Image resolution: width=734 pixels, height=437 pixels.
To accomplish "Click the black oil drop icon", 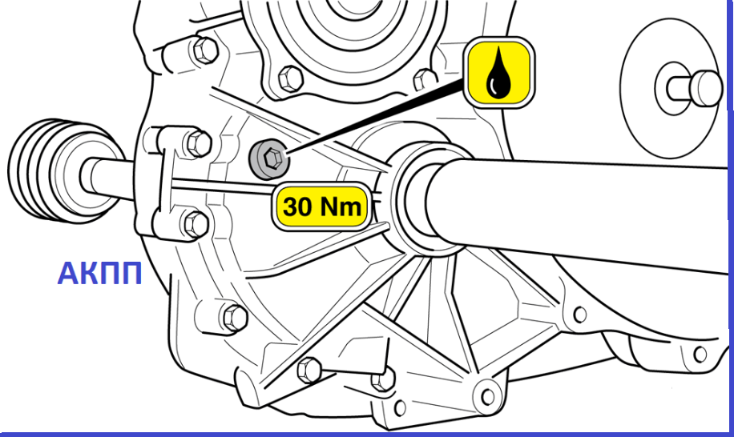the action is pos(498,73).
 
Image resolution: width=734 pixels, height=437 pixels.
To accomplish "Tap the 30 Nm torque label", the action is pos(322,206).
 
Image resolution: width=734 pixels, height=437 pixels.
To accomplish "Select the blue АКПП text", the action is pos(99,274).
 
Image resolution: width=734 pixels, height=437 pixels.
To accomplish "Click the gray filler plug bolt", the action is pos(269,158).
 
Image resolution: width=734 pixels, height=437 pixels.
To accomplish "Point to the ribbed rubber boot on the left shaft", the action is pos(51,169).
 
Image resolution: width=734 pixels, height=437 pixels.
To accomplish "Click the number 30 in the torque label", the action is pos(297,206).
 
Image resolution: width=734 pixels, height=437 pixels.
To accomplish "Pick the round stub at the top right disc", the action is pos(694,89).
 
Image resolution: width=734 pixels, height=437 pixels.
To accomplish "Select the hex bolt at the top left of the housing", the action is pos(204,50).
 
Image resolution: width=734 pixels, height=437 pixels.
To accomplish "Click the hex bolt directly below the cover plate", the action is pos(290,78).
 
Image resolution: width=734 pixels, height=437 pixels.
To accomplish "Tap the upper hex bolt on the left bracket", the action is pos(199,143).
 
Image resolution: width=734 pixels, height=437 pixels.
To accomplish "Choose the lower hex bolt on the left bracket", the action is pos(196,224).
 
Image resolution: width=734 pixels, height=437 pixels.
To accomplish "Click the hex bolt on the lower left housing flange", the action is pos(234,318).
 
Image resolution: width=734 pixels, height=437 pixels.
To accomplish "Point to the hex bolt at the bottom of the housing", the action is pos(309,370).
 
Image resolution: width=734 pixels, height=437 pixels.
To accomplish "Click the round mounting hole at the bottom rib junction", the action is pos(488,397).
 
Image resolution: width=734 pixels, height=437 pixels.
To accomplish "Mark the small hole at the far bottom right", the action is pos(700,355).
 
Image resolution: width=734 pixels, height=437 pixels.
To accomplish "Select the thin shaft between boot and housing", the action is pos(107,180).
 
